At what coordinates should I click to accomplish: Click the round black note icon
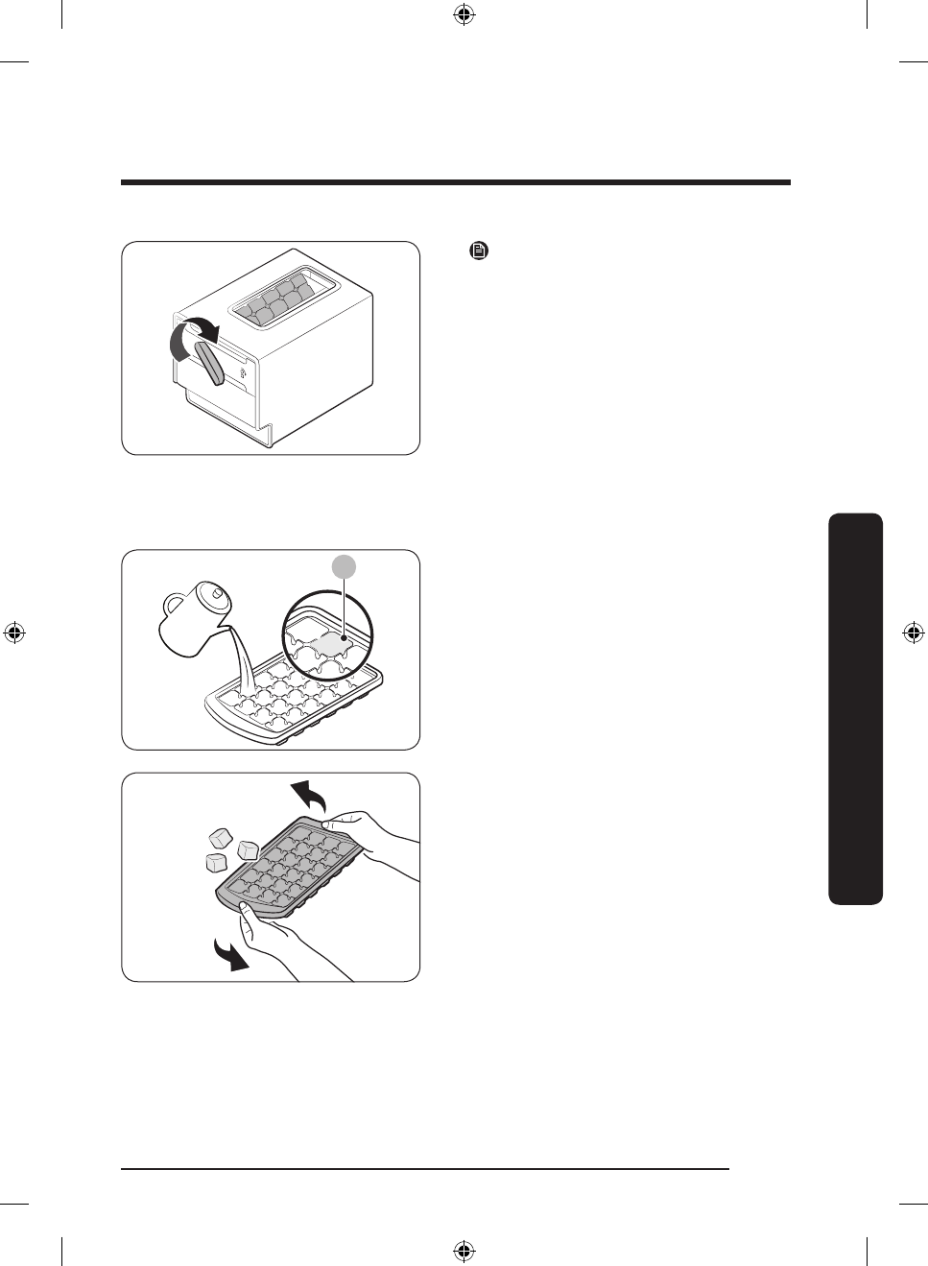[478, 251]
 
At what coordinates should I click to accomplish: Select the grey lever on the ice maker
[209, 364]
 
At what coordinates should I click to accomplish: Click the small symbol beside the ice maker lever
[244, 370]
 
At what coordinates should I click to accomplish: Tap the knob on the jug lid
[217, 593]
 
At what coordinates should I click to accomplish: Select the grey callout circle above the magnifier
[345, 567]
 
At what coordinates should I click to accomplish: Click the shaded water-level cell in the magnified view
[326, 644]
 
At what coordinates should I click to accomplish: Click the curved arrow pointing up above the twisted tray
[309, 795]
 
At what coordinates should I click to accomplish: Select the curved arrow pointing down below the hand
[231, 955]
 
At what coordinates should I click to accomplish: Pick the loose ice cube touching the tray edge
[248, 849]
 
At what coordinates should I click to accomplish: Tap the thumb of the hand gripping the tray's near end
[248, 912]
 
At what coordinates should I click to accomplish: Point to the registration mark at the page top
[464, 14]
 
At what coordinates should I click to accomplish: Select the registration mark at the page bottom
[464, 1251]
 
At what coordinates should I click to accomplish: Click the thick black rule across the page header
[456, 181]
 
